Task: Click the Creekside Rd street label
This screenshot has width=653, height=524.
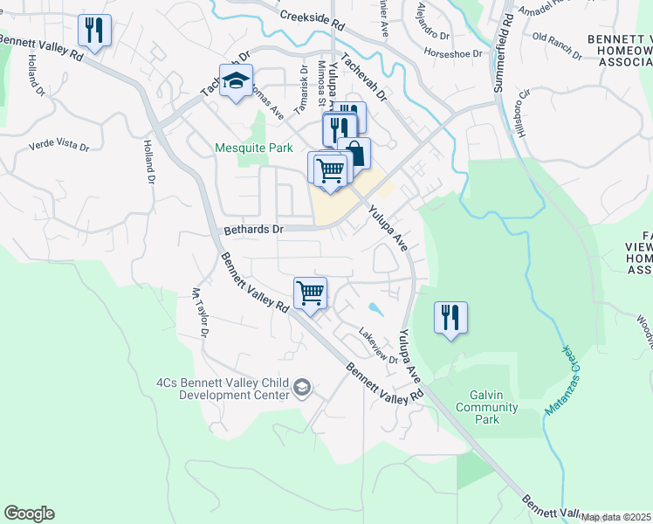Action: coord(312,18)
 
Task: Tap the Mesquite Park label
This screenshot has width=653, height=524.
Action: coord(254,148)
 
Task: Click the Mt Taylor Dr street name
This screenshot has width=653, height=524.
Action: coord(200,314)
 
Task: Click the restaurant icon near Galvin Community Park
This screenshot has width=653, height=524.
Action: coord(450,317)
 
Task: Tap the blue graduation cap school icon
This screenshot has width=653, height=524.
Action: coord(235,81)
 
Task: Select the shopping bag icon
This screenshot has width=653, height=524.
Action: coord(354,155)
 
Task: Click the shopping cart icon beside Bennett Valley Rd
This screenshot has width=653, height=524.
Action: coord(310,293)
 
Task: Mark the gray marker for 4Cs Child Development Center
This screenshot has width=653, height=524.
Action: coord(302,388)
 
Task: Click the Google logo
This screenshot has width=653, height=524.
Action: coord(29,514)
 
